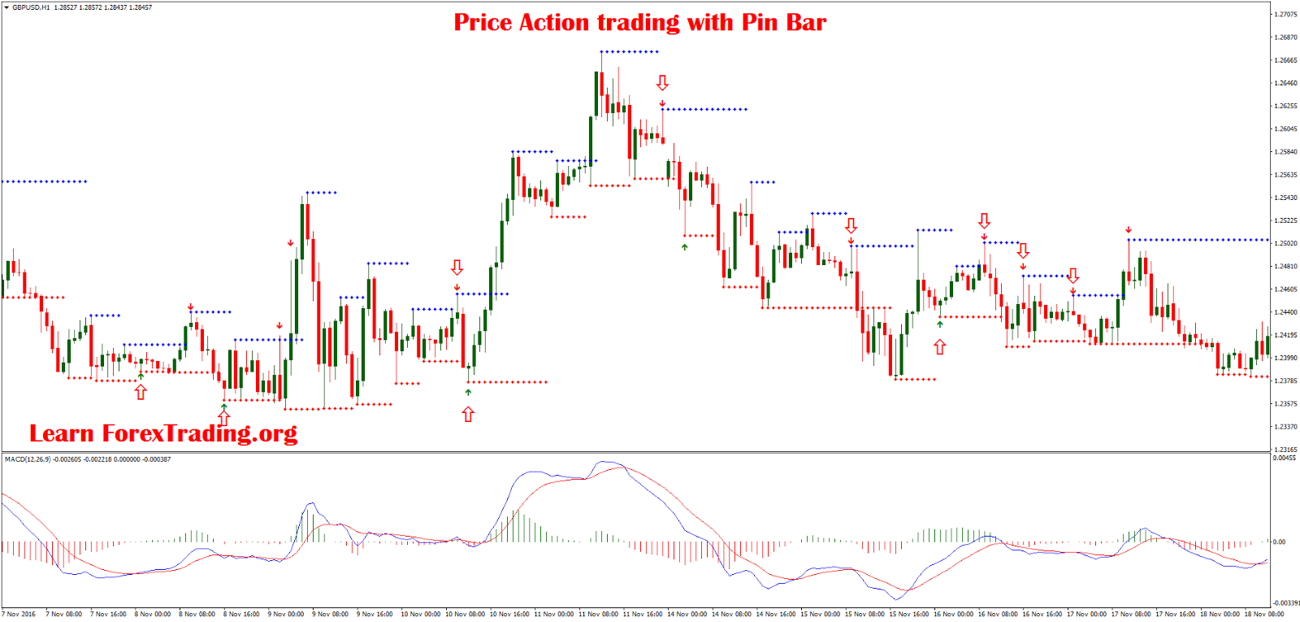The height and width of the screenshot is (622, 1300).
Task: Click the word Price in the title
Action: (x=483, y=23)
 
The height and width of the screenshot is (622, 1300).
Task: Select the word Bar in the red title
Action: (x=806, y=23)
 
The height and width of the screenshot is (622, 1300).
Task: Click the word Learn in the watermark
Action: (x=62, y=433)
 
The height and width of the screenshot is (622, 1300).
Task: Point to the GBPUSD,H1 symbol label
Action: (x=31, y=7)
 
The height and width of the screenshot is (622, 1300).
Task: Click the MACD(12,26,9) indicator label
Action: (x=28, y=459)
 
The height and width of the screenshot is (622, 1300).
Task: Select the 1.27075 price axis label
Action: (x=1285, y=15)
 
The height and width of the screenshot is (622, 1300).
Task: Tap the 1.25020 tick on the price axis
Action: (x=1285, y=243)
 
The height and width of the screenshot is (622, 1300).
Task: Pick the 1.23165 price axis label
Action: (x=1285, y=449)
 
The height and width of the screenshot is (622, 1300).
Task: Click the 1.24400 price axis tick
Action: (x=1285, y=312)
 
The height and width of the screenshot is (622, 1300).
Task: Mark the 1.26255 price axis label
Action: (x=1285, y=106)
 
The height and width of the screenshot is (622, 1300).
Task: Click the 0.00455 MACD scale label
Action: (x=1285, y=459)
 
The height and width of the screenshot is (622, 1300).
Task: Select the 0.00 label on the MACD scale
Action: (x=1279, y=542)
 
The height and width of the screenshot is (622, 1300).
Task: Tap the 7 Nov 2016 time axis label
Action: (x=19, y=614)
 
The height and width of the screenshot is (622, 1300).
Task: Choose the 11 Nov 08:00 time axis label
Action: (x=599, y=614)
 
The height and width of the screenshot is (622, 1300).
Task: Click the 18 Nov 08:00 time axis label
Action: (x=1264, y=614)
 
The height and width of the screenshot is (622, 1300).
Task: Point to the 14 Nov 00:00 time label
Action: (x=687, y=614)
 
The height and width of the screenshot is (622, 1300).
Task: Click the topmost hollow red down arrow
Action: (x=662, y=83)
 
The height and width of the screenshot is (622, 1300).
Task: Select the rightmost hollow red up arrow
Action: (x=940, y=347)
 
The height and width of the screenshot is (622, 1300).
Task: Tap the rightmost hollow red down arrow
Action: (x=1073, y=276)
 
